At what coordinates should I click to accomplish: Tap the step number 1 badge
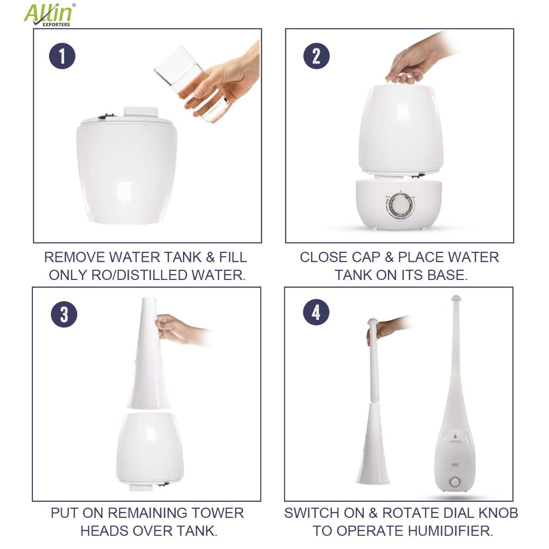62,56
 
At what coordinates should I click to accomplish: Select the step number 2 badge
316,56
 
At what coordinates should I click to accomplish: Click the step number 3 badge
64,314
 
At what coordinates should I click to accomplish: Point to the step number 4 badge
316,313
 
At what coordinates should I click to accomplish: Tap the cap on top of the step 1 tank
141,113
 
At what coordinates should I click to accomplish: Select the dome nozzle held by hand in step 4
373,322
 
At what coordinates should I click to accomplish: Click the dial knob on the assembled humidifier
455,482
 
